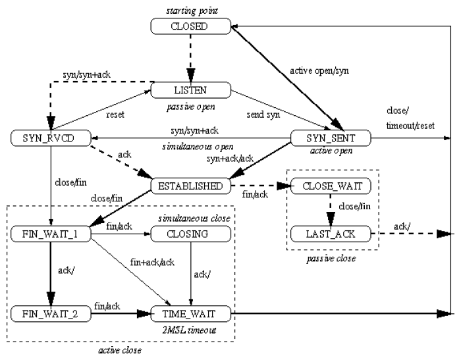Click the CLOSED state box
(x=191, y=26)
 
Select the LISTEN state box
(x=191, y=90)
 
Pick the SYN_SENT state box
(x=331, y=138)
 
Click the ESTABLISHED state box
(x=191, y=186)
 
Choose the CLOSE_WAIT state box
(x=331, y=186)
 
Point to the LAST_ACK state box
(x=331, y=234)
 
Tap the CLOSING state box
(x=191, y=234)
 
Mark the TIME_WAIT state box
(x=191, y=313)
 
